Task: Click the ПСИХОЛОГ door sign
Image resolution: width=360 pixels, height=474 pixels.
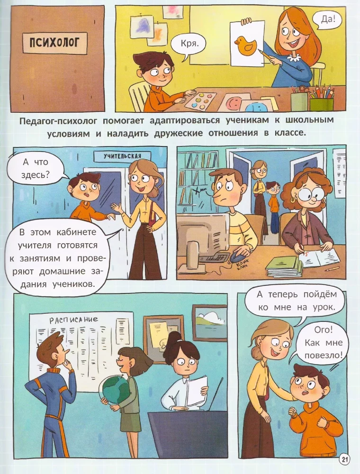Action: pos(56,44)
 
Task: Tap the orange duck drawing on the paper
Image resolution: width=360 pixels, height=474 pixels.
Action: pos(245,46)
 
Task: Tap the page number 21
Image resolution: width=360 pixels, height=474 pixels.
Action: pos(344,459)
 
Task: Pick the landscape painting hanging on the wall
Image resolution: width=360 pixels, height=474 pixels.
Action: pos(210,323)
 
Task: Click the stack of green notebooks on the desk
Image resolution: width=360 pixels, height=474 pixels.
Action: pos(283,266)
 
